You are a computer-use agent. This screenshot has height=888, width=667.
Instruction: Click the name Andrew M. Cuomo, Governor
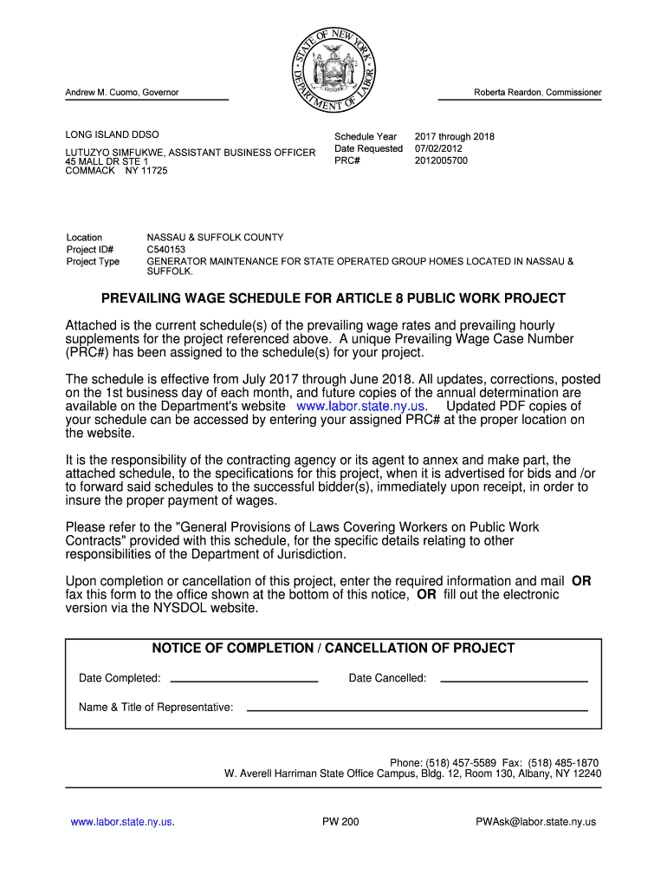(122, 93)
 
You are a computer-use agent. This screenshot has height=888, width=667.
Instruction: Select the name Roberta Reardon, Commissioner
(537, 93)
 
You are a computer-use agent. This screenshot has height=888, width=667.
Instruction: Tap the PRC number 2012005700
(441, 160)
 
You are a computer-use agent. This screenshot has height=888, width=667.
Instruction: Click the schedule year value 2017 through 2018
(454, 136)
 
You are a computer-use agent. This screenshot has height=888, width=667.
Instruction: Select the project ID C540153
(166, 250)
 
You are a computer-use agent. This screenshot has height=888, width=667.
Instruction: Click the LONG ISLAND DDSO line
(113, 136)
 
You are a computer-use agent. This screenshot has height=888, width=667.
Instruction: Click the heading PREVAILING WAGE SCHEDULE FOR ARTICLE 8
(333, 299)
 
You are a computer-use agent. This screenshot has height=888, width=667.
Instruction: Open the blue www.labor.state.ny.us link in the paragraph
(360, 406)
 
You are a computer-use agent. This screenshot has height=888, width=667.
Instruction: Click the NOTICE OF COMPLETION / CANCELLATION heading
(333, 649)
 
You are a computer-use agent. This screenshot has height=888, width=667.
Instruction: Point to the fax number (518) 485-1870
(567, 763)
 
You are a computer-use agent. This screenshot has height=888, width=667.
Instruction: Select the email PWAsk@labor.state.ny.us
(536, 822)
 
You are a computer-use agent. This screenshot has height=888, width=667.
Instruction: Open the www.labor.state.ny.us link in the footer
(122, 822)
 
